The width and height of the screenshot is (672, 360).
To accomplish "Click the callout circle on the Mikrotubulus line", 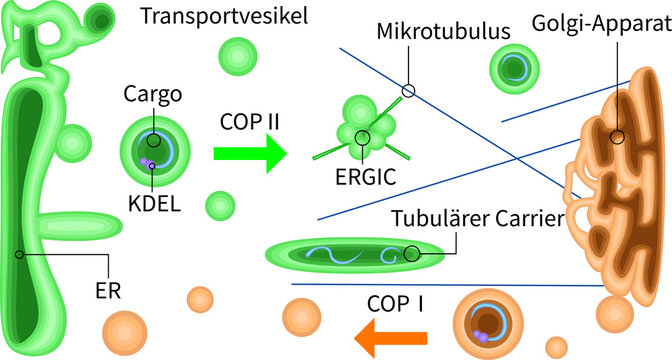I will coord(407,91).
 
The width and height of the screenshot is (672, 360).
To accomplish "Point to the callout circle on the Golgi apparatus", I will coord(617,137).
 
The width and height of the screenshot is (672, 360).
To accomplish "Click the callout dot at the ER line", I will coord(20,255).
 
